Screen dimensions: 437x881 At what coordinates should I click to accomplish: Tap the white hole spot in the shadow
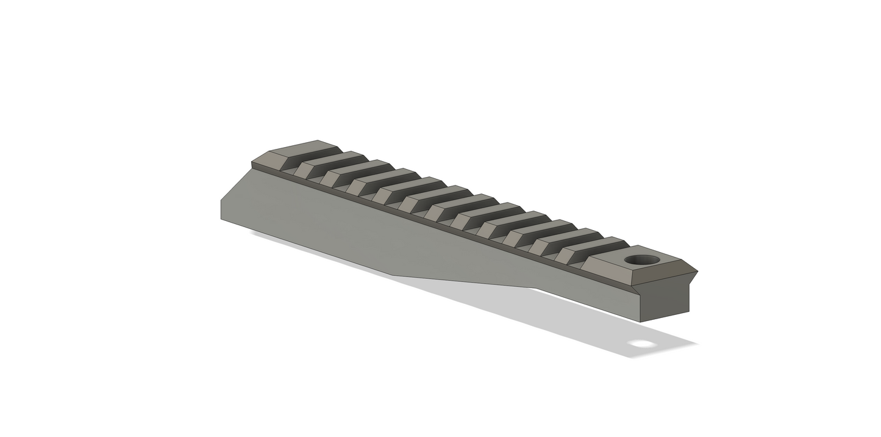(642, 344)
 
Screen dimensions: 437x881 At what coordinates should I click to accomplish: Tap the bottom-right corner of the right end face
(690, 312)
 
